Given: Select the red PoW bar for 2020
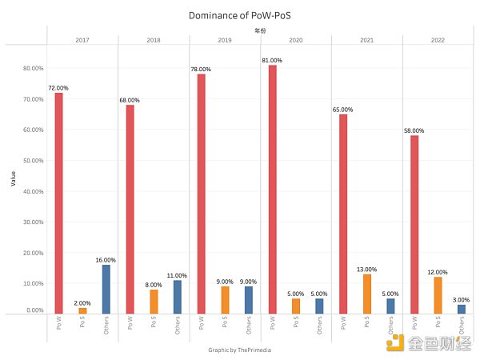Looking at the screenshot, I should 272,190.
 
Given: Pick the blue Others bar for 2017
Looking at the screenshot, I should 106,289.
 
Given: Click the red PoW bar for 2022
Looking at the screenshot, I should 414,225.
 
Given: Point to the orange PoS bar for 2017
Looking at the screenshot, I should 82,310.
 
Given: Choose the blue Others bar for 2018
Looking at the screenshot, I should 177,297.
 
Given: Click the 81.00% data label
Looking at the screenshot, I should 272,59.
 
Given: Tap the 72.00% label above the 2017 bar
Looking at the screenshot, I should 58,87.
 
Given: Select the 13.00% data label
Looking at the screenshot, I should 367,269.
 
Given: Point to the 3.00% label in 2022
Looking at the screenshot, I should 462,299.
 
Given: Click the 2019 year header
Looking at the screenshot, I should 225,39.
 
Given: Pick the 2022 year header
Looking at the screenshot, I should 438,39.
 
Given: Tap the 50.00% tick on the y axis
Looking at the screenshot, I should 33,160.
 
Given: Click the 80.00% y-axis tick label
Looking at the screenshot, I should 33,68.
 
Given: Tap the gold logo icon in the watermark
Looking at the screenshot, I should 394,342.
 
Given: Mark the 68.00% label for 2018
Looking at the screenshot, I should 130,100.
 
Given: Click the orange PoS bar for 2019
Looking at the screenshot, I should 225,300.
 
